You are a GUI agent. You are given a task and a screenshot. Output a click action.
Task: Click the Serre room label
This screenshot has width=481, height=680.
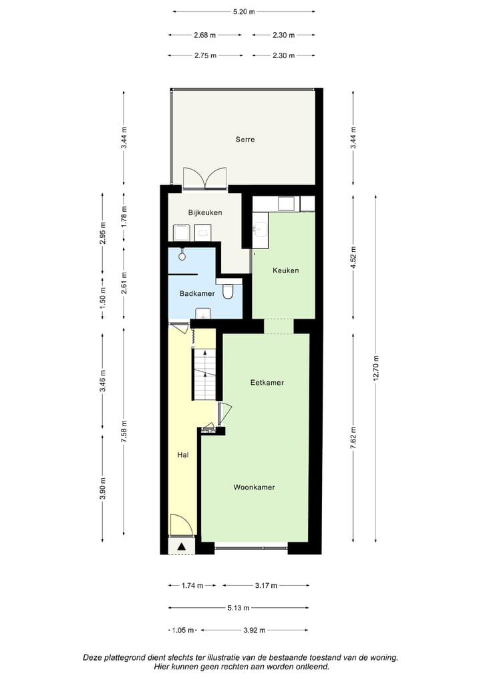pos(245,140)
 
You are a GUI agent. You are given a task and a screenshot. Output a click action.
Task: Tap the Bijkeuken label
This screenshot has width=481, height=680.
pos(204,212)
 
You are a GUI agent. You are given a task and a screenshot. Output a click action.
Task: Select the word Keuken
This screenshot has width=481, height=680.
pos(285,271)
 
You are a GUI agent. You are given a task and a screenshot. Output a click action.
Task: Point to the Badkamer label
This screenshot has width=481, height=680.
pos(196,293)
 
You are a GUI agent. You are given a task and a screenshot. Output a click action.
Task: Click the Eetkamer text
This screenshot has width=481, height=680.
pos(267,383)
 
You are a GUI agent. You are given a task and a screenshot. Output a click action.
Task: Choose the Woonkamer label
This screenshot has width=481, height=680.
pos(254,487)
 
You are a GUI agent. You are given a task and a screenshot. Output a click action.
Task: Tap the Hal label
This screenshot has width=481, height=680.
pos(182,455)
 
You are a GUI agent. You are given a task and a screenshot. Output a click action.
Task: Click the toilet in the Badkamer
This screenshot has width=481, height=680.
pos(228,291)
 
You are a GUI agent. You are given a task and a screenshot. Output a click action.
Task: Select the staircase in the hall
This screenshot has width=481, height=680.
pos(205,374)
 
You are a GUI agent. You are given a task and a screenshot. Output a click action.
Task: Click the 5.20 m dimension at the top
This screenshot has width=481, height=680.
pos(243,11)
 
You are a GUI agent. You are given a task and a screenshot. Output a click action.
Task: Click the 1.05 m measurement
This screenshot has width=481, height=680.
pos(182,630)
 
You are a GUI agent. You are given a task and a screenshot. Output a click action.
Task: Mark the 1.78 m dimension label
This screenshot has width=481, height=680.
pos(124,214)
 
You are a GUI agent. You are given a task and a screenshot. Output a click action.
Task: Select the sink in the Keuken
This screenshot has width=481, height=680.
pos(259,230)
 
